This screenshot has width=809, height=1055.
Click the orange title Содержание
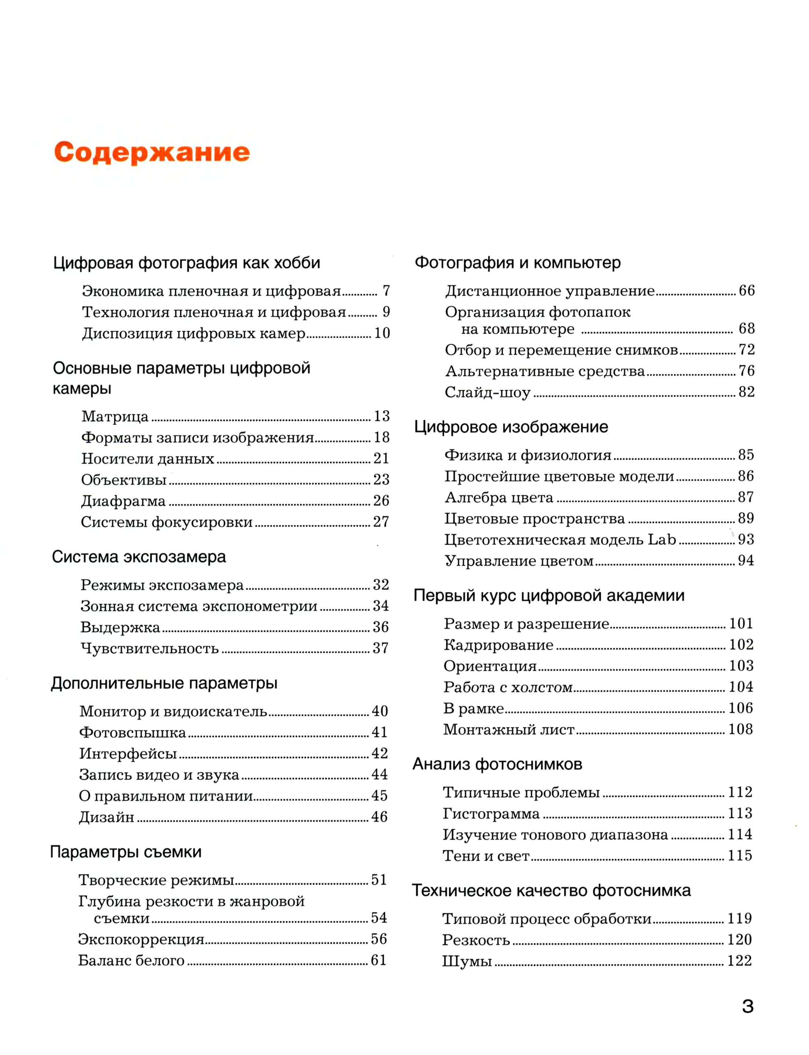(152, 152)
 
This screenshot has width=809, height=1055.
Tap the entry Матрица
(115, 417)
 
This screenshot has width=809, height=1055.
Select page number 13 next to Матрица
(381, 416)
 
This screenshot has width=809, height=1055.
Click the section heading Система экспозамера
(139, 557)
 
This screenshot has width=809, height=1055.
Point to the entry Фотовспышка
(132, 732)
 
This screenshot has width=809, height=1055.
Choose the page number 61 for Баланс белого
(378, 960)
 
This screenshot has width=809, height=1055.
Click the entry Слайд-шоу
(487, 392)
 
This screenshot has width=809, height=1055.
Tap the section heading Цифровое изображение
(511, 427)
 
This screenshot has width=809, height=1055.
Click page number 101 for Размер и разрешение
(740, 623)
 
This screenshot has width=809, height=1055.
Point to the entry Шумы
(467, 962)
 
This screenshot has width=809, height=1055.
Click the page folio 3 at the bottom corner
(747, 1006)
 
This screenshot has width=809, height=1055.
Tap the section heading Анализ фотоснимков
(498, 764)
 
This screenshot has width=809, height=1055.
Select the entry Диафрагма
(123, 501)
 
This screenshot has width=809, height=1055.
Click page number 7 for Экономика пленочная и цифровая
(386, 291)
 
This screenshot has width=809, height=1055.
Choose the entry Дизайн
(106, 817)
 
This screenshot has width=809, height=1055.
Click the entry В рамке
(473, 708)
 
